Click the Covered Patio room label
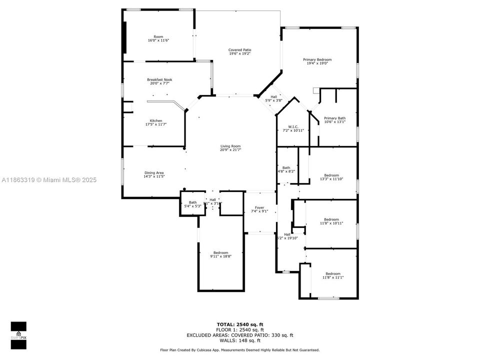(239, 50)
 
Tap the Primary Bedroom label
(317, 59)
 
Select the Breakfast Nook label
(159, 79)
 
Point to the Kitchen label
(156, 120)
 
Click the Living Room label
(230, 146)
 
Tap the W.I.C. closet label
(293, 126)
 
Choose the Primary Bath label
(334, 118)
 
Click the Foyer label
(259, 207)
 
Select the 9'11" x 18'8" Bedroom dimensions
(220, 256)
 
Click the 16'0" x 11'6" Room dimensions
(158, 40)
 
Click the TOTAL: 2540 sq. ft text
(239, 324)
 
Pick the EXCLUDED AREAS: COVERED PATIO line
(239, 335)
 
